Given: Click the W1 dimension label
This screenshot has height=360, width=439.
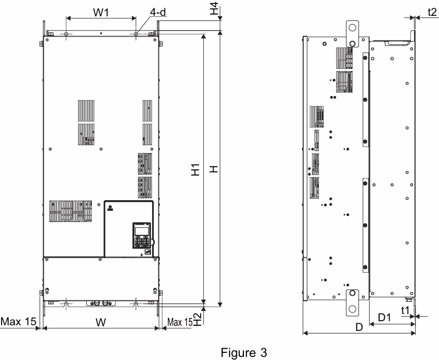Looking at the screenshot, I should (101, 12).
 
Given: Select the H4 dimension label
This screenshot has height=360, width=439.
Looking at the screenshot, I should (215, 9).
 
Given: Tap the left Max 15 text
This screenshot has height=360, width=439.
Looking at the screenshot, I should (18, 321).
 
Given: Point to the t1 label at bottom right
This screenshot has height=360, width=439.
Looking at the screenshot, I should (406, 309).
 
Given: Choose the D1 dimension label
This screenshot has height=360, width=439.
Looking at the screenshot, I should (384, 318).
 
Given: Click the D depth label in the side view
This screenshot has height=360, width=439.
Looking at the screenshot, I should (359, 327).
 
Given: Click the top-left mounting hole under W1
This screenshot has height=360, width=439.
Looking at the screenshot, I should (67, 34).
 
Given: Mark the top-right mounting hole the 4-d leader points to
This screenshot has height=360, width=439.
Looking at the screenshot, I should (136, 34).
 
